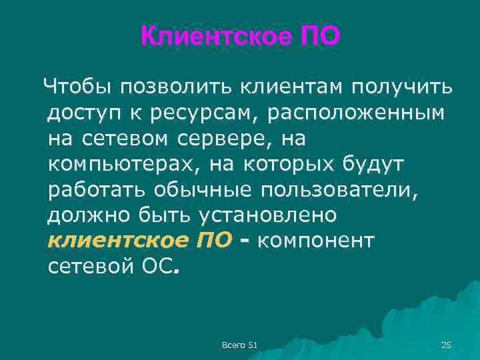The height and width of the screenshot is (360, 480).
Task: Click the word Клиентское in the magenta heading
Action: (x=213, y=36)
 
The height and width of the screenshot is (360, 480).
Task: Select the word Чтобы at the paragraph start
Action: (x=72, y=87)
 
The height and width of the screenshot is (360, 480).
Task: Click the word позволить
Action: (x=171, y=87)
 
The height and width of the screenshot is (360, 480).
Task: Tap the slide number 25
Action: (x=446, y=344)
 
